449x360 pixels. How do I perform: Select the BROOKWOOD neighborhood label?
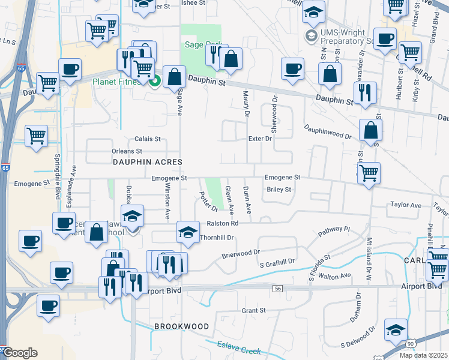[181, 326]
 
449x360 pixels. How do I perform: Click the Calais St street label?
[147, 139]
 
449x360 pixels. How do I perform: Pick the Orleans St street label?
[127, 151]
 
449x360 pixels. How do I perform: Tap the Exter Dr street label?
[260, 139]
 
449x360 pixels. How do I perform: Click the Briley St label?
[279, 190]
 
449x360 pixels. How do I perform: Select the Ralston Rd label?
[223, 223]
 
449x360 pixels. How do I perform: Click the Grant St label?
[253, 310]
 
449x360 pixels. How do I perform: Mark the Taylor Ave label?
[406, 205]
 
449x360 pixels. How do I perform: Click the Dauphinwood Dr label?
[327, 131]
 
